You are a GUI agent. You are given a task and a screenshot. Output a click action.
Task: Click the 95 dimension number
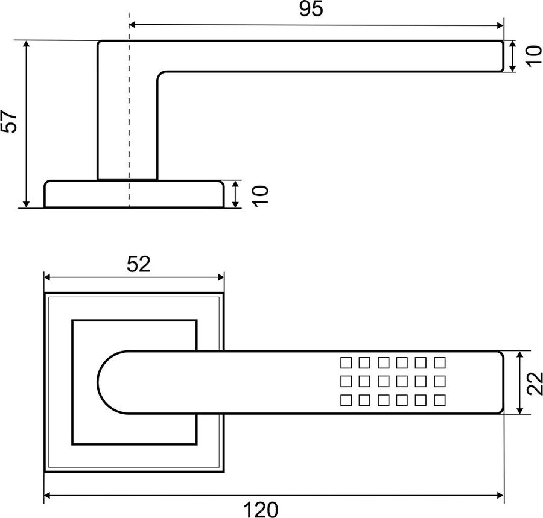click(x=311, y=9)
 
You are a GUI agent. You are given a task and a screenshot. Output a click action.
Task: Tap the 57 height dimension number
click(x=9, y=121)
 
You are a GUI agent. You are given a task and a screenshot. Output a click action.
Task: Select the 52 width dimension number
click(x=139, y=264)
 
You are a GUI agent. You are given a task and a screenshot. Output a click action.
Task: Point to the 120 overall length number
click(x=261, y=510)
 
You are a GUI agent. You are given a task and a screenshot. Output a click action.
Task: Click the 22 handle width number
click(x=534, y=383)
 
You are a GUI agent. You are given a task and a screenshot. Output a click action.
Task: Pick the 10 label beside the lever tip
click(x=533, y=55)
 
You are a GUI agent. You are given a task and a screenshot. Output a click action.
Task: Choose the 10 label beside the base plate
click(x=261, y=196)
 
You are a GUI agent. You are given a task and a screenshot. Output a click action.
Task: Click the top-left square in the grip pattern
click(x=346, y=362)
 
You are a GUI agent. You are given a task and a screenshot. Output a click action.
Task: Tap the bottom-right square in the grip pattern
click(x=439, y=400)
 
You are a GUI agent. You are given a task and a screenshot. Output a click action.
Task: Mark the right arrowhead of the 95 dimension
click(x=500, y=25)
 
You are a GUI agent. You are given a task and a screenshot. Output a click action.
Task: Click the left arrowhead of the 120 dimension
click(x=48, y=496)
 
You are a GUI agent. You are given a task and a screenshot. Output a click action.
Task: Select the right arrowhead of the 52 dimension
click(x=220, y=277)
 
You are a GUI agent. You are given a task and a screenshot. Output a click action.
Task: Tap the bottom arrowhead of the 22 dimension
click(x=519, y=410)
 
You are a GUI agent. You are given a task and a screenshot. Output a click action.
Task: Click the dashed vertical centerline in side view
click(x=129, y=110)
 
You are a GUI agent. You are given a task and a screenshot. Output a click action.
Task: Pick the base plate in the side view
click(x=134, y=194)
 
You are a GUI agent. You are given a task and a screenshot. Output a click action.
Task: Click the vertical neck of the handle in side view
click(x=127, y=125)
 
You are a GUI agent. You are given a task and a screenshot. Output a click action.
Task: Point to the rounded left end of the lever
click(x=98, y=382)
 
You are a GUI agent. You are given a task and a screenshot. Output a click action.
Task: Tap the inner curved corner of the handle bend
click(x=160, y=74)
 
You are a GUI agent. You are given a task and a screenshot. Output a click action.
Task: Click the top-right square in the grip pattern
click(x=439, y=362)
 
